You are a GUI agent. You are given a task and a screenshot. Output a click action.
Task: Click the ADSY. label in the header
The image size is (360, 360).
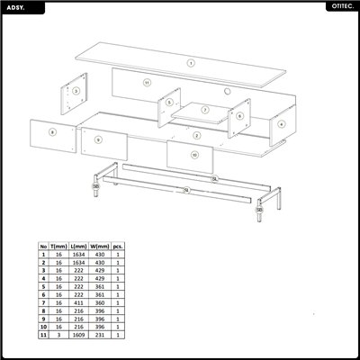(18, 6)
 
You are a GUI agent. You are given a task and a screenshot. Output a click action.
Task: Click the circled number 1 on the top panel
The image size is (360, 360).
(191, 63)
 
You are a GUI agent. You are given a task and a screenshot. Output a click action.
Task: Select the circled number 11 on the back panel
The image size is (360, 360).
(146, 82)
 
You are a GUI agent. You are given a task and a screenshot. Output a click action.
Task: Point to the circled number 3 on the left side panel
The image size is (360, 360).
(76, 91)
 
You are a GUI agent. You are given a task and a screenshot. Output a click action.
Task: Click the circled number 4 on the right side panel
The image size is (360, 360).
(282, 123)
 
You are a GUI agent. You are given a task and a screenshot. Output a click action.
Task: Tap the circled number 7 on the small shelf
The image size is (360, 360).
(205, 110)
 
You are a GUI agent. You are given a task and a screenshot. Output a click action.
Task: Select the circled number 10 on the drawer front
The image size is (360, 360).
(193, 154)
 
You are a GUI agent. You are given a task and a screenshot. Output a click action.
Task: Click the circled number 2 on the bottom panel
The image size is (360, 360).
(196, 135)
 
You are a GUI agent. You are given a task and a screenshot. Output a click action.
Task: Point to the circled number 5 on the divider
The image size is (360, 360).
(168, 103)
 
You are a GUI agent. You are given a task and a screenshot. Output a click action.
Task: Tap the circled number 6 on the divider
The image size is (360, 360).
(239, 115)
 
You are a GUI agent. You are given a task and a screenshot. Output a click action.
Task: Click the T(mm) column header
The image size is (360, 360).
(59, 246)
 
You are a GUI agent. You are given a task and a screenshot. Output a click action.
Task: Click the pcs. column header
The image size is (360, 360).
(119, 246)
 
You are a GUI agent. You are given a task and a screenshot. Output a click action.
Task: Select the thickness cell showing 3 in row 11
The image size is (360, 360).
(59, 335)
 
